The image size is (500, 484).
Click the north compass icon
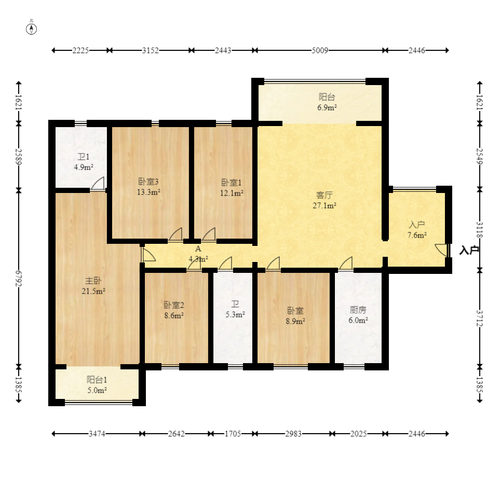tap(31, 29)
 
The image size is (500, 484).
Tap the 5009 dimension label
tap(320, 50)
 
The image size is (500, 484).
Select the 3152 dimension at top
tap(150, 50)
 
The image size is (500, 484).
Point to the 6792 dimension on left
tap(19, 278)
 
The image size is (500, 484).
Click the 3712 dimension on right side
tap(480, 319)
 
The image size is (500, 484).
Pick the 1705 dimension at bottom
tap(233, 434)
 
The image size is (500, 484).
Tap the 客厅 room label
tap(325, 195)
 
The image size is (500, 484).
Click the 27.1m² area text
tap(325, 205)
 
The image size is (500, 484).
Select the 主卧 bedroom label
tap(93, 281)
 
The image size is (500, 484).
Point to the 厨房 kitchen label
tap(358, 310)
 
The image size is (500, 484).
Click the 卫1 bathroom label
tap(84, 157)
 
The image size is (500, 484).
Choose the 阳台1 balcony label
tap(97, 380)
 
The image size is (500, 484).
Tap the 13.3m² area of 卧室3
tap(148, 192)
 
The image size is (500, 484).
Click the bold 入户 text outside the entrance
tap(469, 251)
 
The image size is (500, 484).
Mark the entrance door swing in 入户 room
tap(442, 250)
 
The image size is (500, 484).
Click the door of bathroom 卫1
tap(98, 184)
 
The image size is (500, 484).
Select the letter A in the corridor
tap(198, 249)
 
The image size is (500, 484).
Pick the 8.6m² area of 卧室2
tap(174, 315)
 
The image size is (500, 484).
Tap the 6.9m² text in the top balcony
tap(327, 107)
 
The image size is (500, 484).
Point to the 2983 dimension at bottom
tap(293, 434)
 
